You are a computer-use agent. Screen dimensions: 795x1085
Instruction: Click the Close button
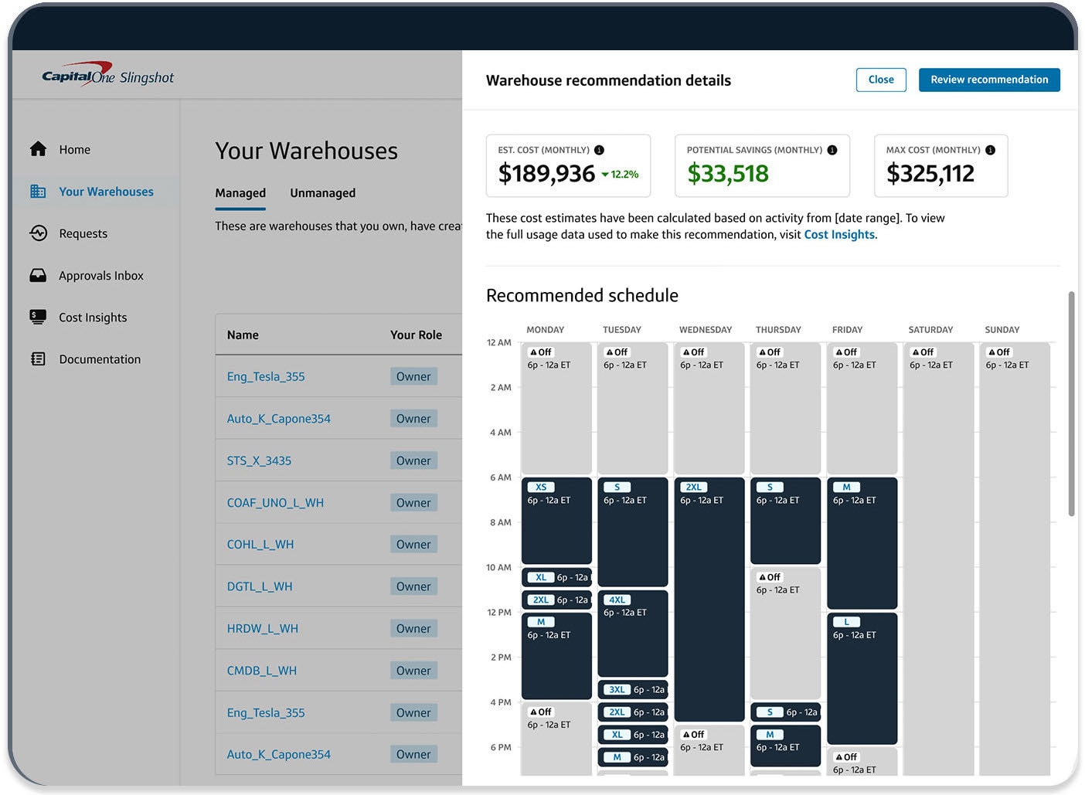[881, 80]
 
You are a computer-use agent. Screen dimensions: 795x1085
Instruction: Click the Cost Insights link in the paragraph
[839, 235]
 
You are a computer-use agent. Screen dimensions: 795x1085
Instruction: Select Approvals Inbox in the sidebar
[101, 276]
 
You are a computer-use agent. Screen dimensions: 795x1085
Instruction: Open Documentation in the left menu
[100, 359]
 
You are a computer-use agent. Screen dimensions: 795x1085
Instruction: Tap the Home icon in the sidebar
[38, 149]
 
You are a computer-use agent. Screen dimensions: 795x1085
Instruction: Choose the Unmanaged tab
[322, 193]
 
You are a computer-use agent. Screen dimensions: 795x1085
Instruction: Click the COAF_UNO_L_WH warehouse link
[275, 503]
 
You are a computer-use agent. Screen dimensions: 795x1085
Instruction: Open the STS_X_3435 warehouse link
[259, 461]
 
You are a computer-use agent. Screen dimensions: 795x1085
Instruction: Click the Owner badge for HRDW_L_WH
[413, 629]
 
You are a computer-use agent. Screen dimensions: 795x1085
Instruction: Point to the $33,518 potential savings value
[728, 174]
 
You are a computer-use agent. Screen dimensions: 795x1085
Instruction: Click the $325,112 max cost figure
[930, 174]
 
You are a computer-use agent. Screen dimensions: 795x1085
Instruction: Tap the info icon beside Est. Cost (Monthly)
[599, 150]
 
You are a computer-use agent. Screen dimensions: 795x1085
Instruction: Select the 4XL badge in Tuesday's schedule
[617, 600]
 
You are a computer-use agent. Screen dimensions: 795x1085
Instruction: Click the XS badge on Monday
[541, 488]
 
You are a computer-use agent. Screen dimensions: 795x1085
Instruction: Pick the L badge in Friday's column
[846, 623]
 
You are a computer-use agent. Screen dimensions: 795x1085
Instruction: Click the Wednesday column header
[705, 330]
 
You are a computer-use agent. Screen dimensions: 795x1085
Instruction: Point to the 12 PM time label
[498, 613]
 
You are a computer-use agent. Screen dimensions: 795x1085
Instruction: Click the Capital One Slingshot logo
[107, 76]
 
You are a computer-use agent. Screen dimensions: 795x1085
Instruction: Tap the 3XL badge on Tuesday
[617, 690]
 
